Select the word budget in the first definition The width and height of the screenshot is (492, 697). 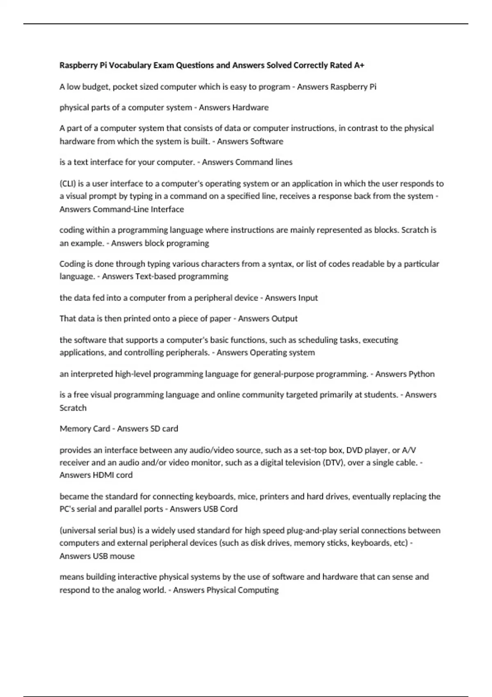95,87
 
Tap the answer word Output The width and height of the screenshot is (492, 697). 284,319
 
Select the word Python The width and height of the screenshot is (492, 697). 422,374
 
